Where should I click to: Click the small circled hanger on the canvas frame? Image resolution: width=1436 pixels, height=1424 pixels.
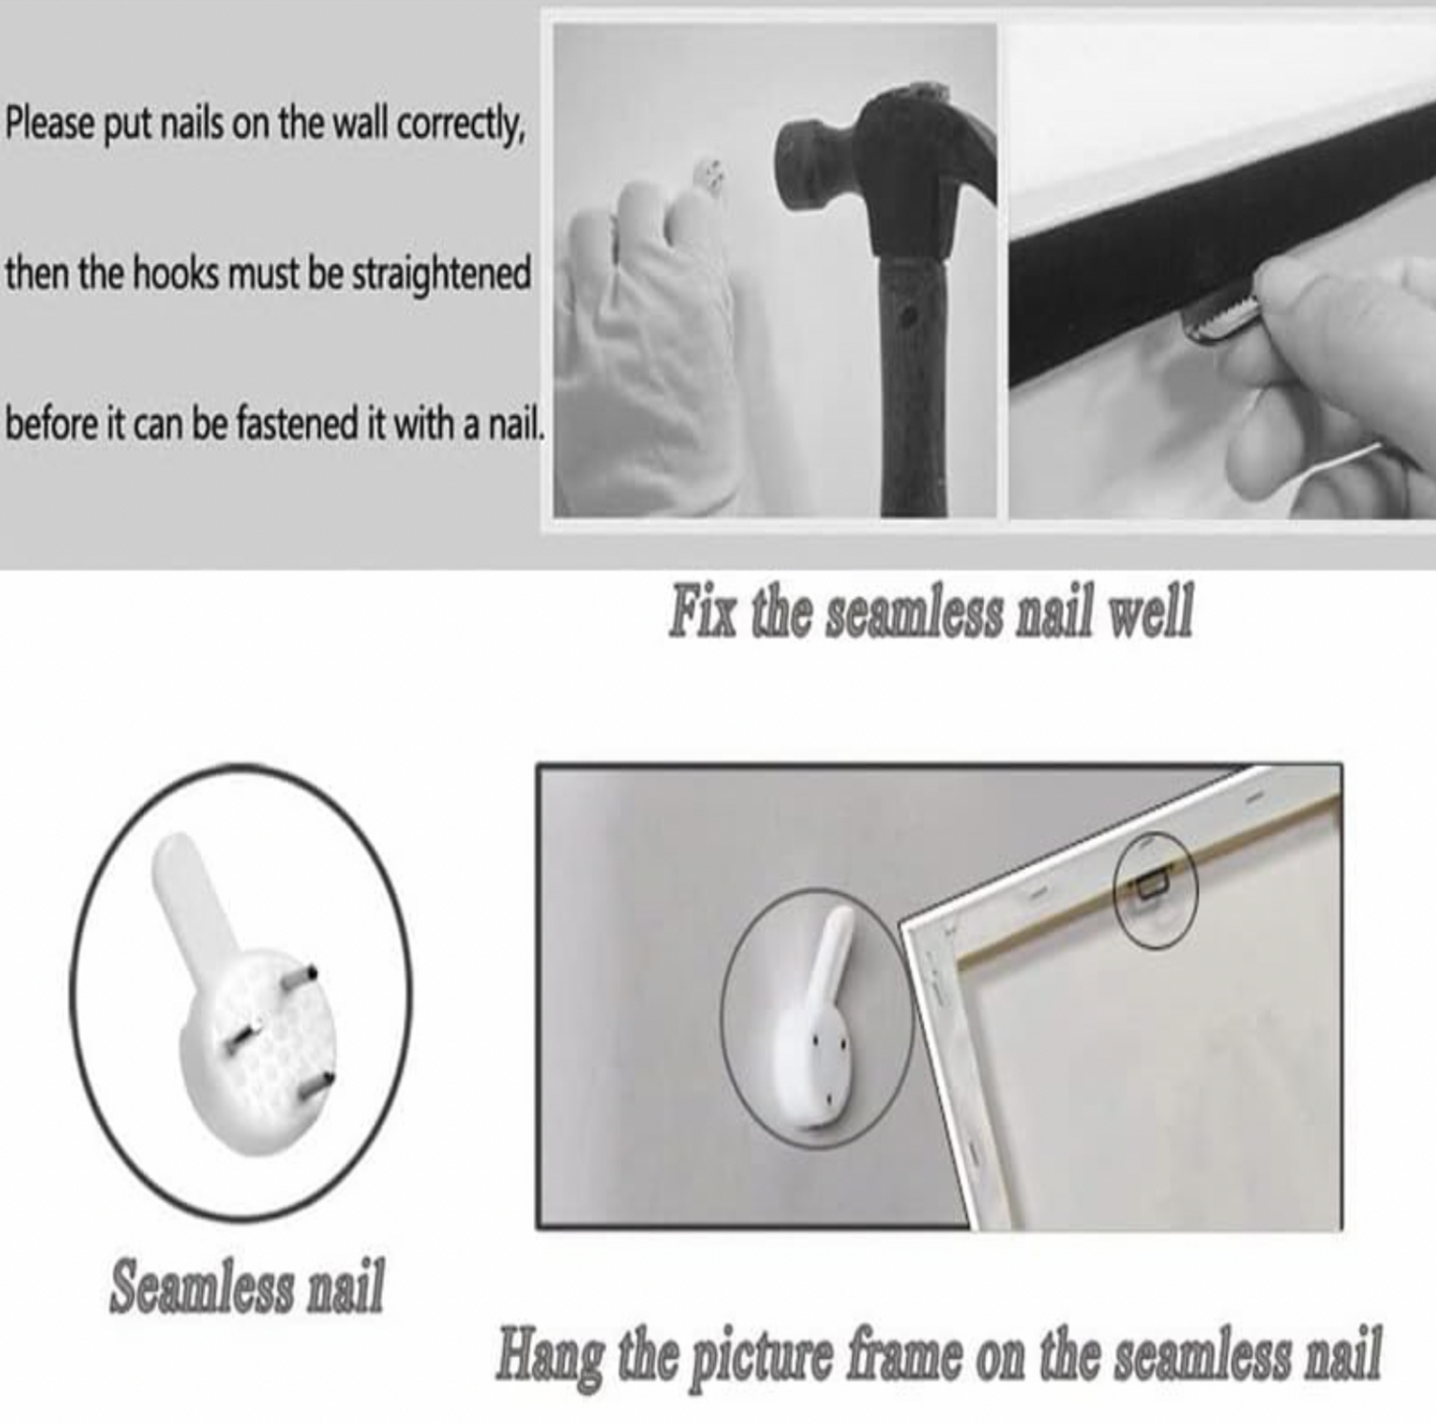coord(1154,890)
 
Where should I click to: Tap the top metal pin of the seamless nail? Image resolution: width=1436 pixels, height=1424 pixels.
coord(301,982)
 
